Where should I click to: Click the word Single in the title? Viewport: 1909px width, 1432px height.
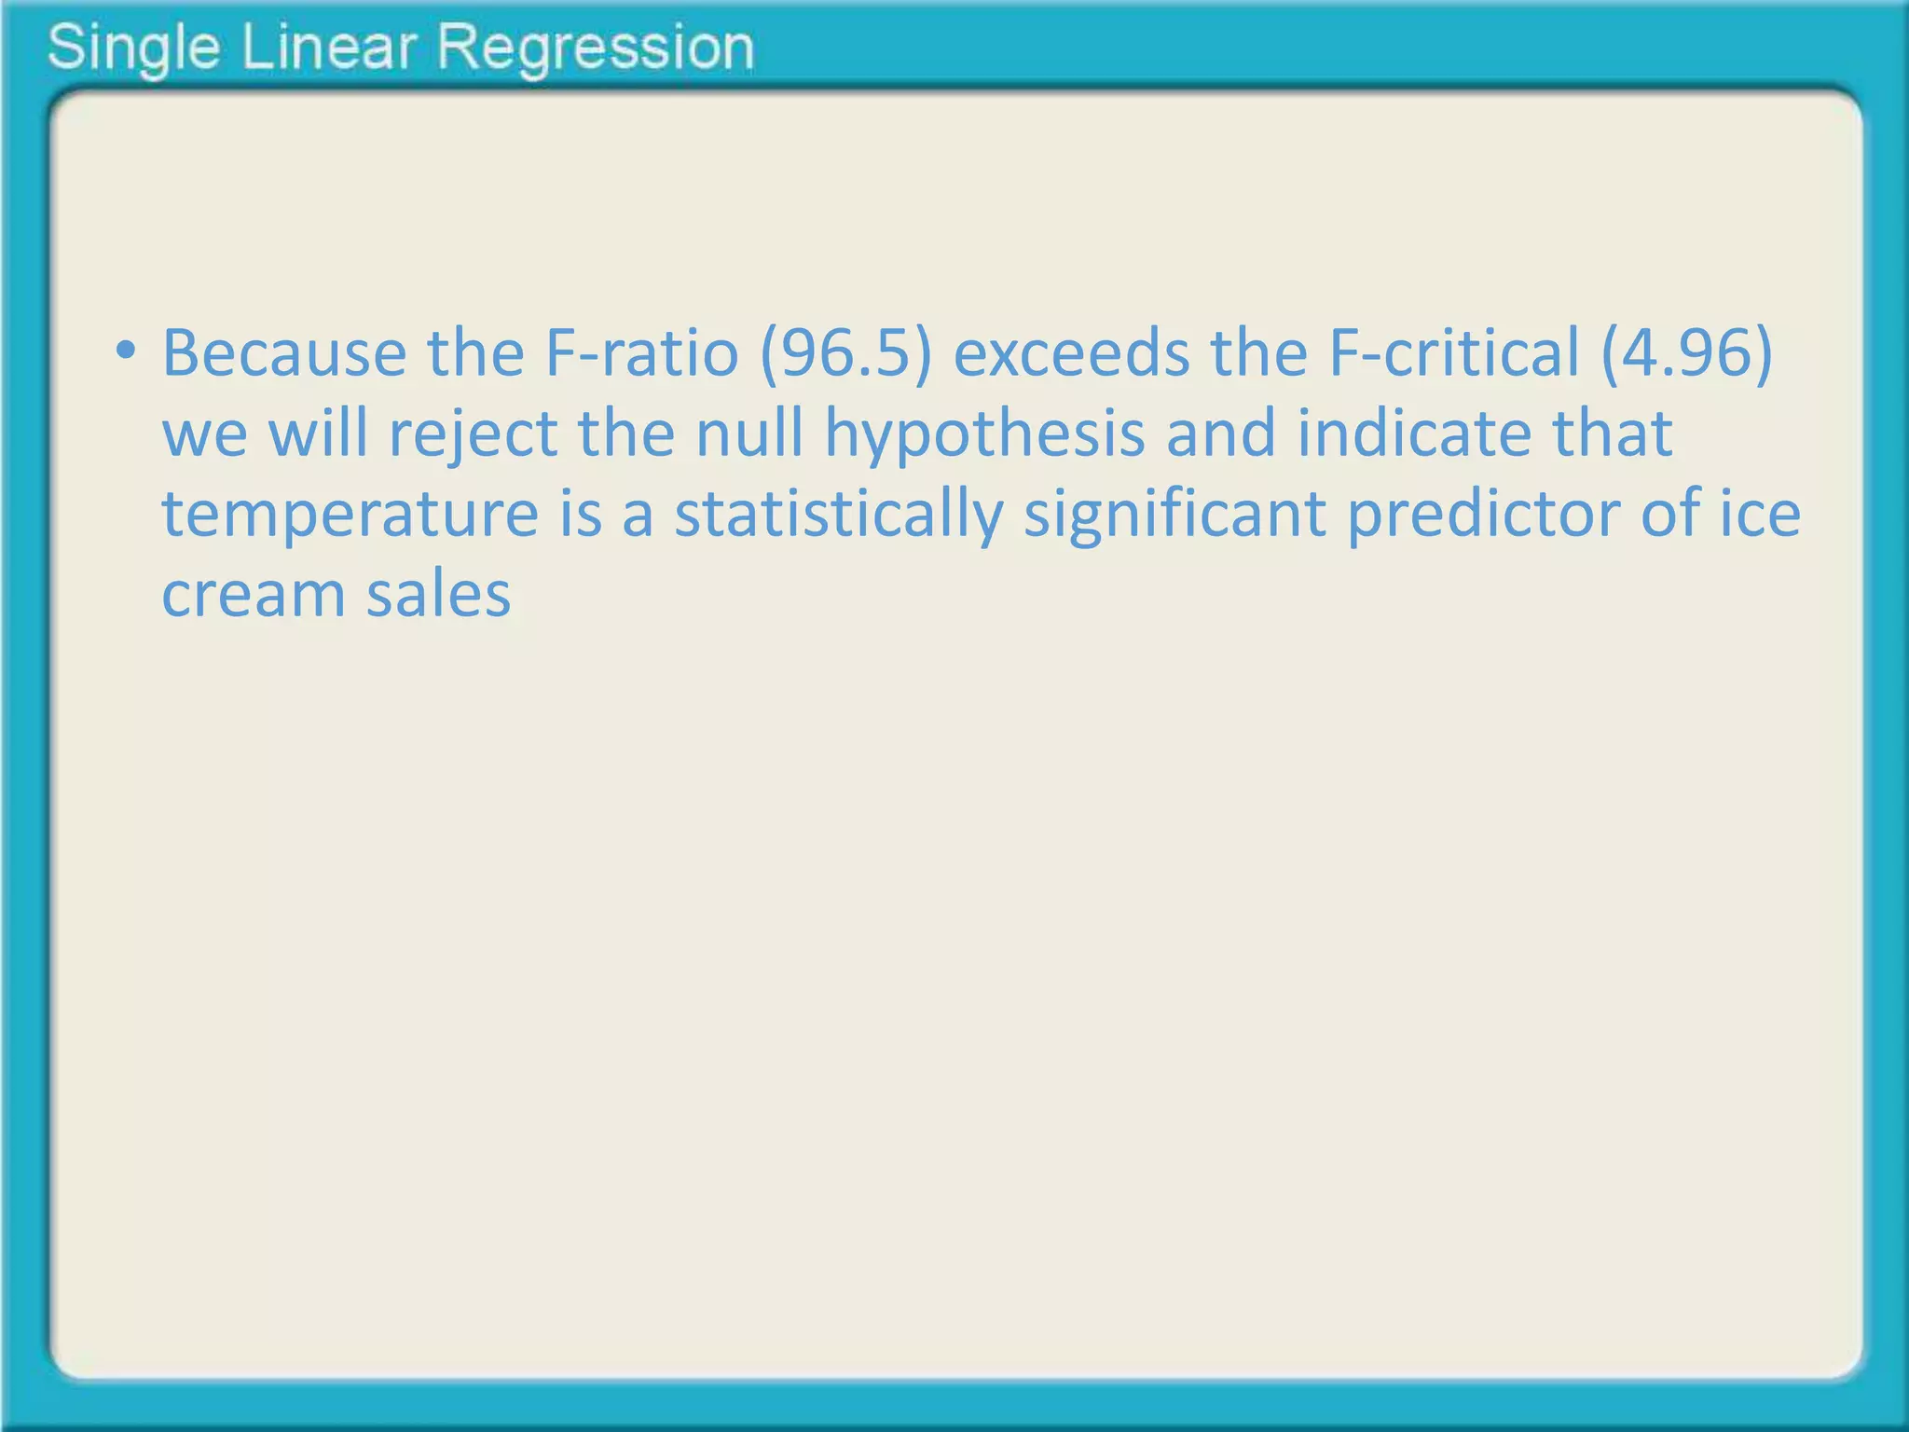[133, 48]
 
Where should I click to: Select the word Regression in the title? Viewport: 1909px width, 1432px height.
[596, 48]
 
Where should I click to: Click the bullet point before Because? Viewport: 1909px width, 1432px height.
[125, 352]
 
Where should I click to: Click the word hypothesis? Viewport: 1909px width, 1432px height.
[984, 436]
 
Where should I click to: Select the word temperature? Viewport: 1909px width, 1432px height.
[350, 516]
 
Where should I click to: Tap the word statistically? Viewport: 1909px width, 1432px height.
[839, 516]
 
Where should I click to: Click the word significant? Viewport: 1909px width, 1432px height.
[1175, 516]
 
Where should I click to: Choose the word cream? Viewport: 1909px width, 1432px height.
[253, 594]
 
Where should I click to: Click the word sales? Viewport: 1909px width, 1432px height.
[438, 594]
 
